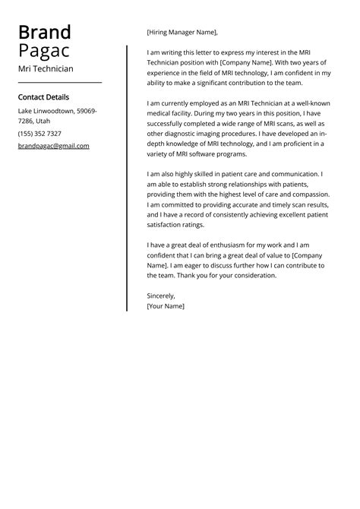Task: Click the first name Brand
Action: pos(44,33)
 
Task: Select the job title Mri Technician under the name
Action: pos(46,68)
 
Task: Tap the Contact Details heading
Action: pos(43,97)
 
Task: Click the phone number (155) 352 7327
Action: pos(39,134)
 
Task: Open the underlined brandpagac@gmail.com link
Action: pos(53,146)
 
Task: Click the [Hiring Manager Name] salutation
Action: pos(182,33)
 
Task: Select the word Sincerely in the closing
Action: pos(160,296)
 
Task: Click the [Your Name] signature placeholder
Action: pos(166,306)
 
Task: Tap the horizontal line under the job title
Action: pos(59,82)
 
